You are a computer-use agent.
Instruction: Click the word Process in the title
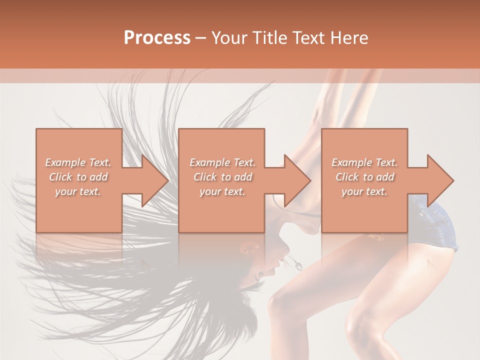[x=157, y=38]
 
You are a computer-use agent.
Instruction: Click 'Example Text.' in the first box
[x=78, y=162]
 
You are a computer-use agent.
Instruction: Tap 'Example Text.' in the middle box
[x=222, y=162]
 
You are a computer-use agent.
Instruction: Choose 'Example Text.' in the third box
[x=364, y=162]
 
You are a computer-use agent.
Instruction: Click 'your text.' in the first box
[x=78, y=192]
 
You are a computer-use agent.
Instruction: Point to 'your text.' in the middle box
[x=222, y=192]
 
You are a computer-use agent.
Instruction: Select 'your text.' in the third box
[x=364, y=192]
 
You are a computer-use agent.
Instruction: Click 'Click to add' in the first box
[x=78, y=177]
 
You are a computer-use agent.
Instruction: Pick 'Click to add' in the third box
[x=364, y=177]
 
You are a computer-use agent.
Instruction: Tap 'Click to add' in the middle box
[x=222, y=177]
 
